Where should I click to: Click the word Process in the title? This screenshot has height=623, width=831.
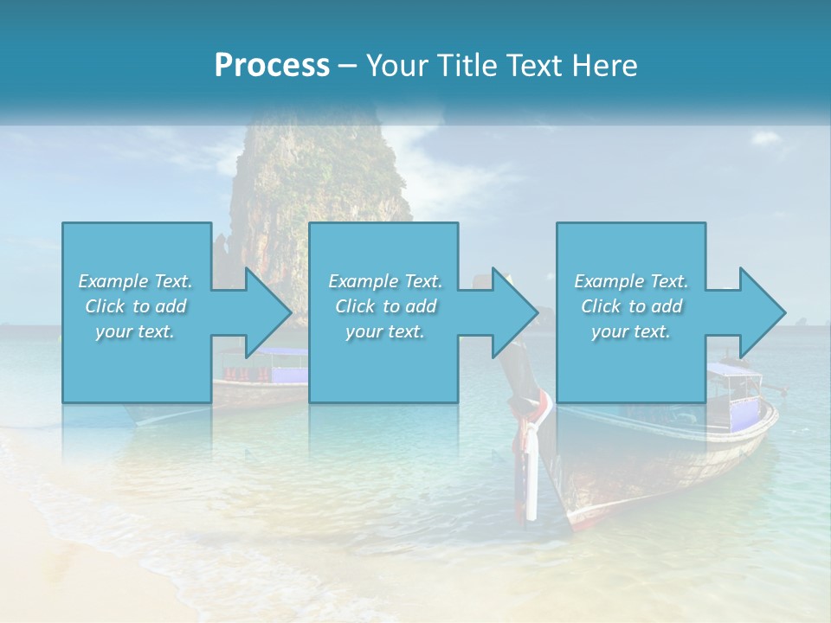coord(271,66)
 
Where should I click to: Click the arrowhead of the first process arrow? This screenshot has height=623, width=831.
coord(267,312)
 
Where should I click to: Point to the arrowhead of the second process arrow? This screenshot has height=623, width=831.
coord(515,312)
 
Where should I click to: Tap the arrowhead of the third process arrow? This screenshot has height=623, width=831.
coord(763,312)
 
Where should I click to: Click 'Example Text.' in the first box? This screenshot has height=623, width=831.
coord(135,281)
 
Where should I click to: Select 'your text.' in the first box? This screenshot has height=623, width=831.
coord(135,331)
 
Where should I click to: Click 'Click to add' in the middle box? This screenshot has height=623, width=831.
coord(385,306)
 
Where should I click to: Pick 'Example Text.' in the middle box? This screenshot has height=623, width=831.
coord(385,281)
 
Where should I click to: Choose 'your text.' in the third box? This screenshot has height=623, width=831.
coord(631,331)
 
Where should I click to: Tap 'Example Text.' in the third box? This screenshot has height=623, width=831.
coord(631,281)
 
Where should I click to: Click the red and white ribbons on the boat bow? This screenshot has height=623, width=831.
coord(532,424)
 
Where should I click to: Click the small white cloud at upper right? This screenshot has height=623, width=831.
coord(766,138)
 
